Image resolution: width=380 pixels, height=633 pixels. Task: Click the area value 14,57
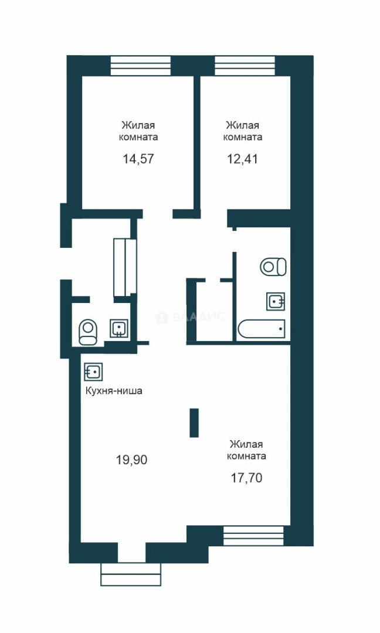[138, 159]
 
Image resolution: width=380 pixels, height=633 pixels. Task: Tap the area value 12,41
[242, 159]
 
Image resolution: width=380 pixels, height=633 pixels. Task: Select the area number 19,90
[131, 460]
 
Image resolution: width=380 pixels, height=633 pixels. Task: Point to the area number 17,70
[246, 478]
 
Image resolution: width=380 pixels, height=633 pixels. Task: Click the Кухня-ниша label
[114, 391]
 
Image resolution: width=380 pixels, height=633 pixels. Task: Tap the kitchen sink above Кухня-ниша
[93, 372]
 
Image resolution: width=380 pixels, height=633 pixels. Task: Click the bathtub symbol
[262, 329]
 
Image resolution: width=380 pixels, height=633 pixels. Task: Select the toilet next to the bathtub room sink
[273, 267]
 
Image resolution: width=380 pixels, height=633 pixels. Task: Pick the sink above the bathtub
[276, 301]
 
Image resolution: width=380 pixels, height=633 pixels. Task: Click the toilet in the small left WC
[88, 332]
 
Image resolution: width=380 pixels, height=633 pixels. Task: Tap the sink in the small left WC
[119, 328]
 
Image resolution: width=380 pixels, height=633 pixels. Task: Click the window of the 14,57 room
[141, 66]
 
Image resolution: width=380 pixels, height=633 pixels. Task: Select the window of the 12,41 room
[245, 66]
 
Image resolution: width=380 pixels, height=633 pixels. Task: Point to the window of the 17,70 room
[254, 536]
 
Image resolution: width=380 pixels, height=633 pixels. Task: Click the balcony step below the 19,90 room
[131, 574]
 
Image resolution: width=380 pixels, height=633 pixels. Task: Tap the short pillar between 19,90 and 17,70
[194, 423]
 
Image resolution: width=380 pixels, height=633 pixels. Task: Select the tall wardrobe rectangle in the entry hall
[125, 267]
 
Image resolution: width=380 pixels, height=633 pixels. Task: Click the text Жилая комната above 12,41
[242, 131]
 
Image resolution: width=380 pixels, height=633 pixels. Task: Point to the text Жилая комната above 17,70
[246, 450]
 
